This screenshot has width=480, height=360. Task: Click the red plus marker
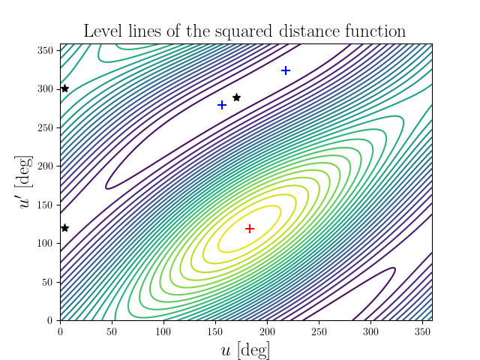pyautogui.click(x=250, y=228)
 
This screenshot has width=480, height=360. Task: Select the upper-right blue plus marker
pyautogui.click(x=286, y=70)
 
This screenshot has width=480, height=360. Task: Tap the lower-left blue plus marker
pyautogui.click(x=222, y=105)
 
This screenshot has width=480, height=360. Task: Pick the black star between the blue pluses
pyautogui.click(x=236, y=97)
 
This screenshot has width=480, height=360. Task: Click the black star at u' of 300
pyautogui.click(x=64, y=88)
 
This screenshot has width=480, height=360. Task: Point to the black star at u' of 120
pyautogui.click(x=64, y=228)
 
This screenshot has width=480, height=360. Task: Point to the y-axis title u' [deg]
pyautogui.click(x=26, y=182)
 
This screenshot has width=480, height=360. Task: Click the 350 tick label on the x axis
pyautogui.click(x=421, y=330)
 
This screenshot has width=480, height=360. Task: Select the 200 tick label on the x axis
pyautogui.click(x=267, y=330)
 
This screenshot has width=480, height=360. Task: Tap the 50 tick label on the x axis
pyautogui.click(x=112, y=330)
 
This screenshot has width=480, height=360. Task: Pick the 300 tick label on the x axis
pyautogui.click(x=370, y=330)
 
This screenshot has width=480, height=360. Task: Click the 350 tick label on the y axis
pyautogui.click(x=46, y=50)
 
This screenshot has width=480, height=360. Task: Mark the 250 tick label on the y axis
pyautogui.click(x=46, y=127)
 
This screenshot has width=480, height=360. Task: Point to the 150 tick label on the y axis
pyautogui.click(x=46, y=205)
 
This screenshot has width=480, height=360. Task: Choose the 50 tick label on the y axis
pyautogui.click(x=49, y=282)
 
